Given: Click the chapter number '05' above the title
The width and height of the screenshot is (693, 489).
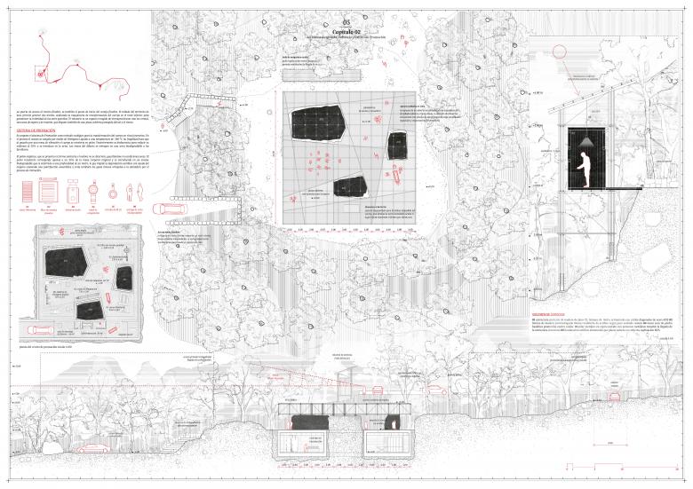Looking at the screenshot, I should coord(346,20).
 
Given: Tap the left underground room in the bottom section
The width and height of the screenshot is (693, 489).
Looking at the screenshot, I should coord(304,444).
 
